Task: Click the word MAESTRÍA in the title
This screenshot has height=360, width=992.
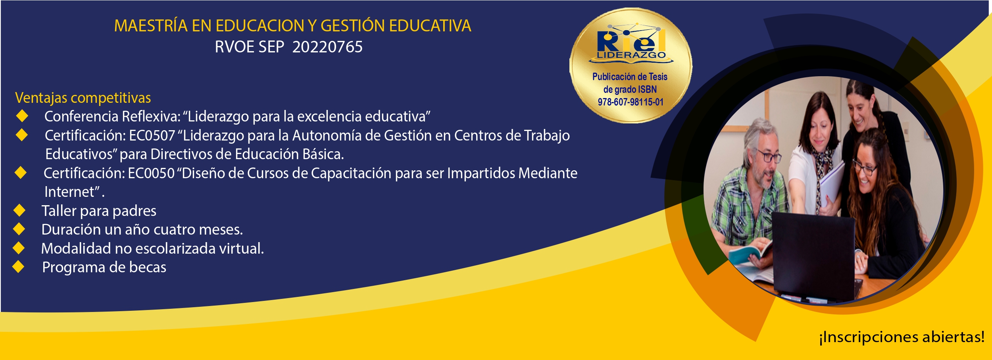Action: tap(151, 25)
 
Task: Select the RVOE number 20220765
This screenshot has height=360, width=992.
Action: tap(327, 47)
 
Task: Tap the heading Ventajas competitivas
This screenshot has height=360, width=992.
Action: tap(83, 98)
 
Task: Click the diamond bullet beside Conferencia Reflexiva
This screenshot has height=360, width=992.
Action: tap(22, 116)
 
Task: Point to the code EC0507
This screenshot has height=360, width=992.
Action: tap(152, 136)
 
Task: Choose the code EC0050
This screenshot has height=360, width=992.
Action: tap(151, 173)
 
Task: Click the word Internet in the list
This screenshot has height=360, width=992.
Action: tap(69, 192)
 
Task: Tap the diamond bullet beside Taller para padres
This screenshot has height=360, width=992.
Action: tap(19, 210)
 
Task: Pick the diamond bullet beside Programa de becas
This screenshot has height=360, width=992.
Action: tap(19, 267)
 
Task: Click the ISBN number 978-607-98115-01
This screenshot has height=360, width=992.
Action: tap(631, 102)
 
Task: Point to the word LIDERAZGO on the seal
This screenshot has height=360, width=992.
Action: tap(631, 55)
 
